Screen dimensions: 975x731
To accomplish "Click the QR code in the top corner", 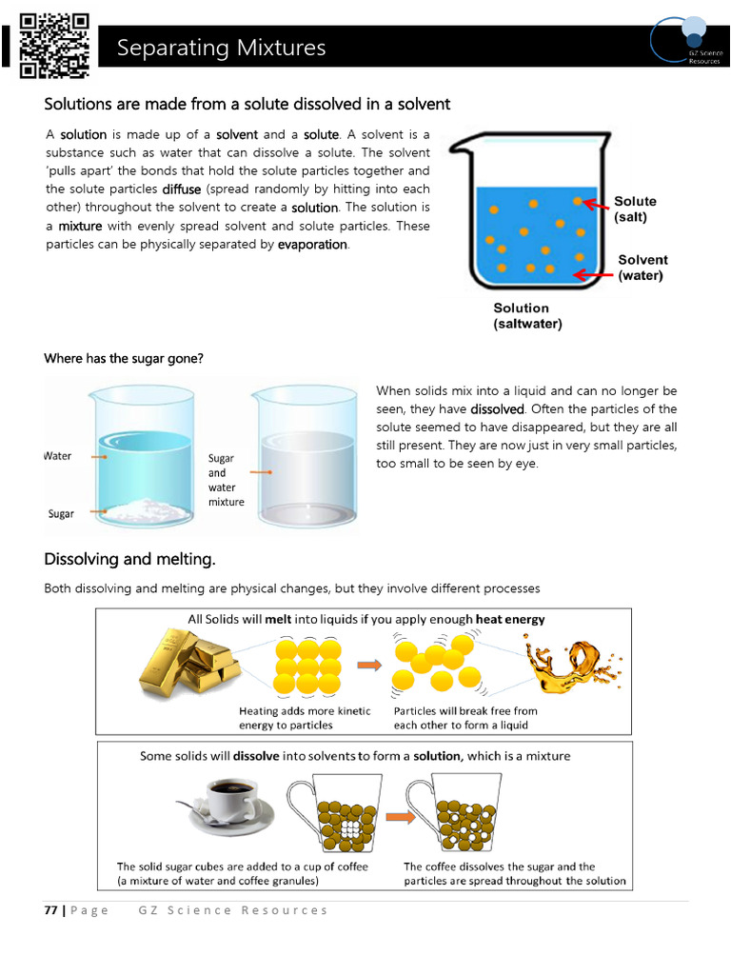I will [54, 44].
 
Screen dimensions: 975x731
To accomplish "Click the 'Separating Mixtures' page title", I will [221, 48].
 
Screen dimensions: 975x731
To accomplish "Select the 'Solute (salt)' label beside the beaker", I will [635, 209].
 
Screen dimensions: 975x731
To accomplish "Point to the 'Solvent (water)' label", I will [642, 268].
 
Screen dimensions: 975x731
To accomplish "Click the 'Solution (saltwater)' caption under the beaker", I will [527, 316].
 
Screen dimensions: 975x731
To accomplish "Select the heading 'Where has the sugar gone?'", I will [124, 359].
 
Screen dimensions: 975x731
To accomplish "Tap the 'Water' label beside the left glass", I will [58, 456].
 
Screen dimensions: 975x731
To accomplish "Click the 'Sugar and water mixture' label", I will [226, 480].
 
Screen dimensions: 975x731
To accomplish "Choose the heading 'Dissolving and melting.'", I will [129, 558].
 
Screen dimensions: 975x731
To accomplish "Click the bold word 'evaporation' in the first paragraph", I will [312, 245].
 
